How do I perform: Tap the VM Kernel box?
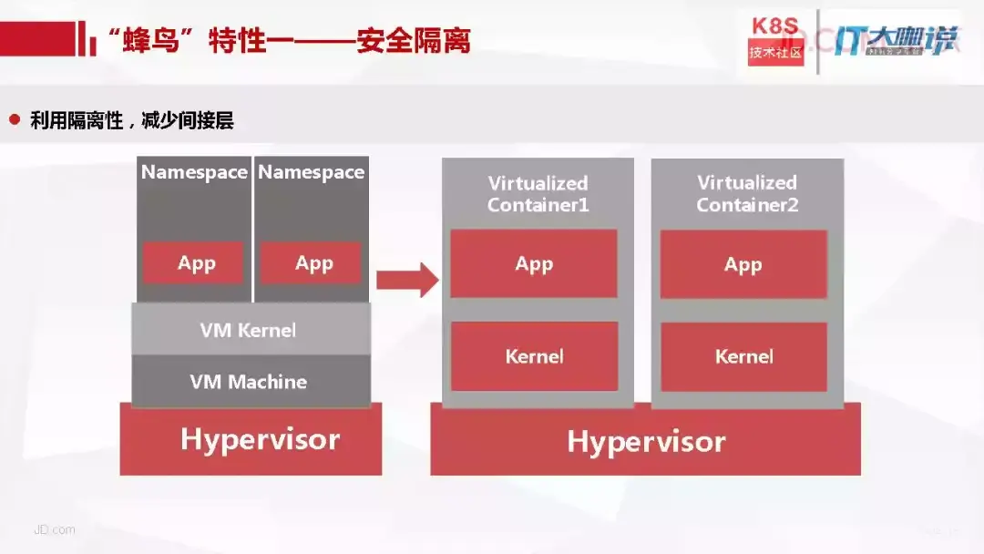pyautogui.click(x=249, y=330)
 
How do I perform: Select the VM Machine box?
pyautogui.click(x=249, y=381)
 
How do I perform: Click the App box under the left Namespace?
pyautogui.click(x=196, y=263)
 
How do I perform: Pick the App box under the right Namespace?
pyautogui.click(x=313, y=263)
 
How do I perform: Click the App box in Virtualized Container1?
pyautogui.click(x=534, y=264)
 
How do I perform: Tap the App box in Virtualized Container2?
pyautogui.click(x=743, y=264)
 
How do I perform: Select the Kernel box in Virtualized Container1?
pyautogui.click(x=534, y=355)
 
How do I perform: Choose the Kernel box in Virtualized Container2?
pyautogui.click(x=743, y=355)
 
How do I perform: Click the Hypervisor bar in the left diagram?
pyautogui.click(x=259, y=439)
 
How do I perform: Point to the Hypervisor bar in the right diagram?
pyautogui.click(x=646, y=442)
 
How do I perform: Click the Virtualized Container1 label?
pyautogui.click(x=538, y=194)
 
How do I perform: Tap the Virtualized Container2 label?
pyautogui.click(x=747, y=194)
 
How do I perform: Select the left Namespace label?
pyautogui.click(x=194, y=172)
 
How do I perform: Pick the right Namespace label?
pyautogui.click(x=312, y=172)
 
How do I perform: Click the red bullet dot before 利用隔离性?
pyautogui.click(x=15, y=119)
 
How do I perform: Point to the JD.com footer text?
pyautogui.click(x=55, y=529)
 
